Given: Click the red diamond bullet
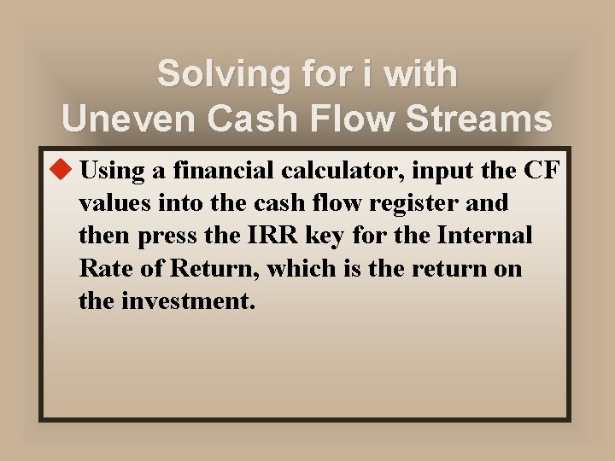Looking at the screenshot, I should [x=63, y=170].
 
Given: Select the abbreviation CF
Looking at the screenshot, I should [x=542, y=171].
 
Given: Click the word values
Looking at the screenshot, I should [x=110, y=203].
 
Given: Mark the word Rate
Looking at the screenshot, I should [x=102, y=268].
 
